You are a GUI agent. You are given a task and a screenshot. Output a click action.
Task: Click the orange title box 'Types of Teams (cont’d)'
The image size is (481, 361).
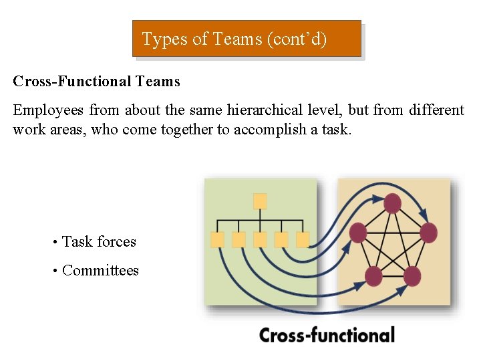click(246, 39)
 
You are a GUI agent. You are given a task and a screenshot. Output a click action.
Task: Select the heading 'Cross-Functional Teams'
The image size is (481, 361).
click(96, 82)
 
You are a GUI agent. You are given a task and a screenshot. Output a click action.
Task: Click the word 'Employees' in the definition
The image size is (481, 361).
click(48, 110)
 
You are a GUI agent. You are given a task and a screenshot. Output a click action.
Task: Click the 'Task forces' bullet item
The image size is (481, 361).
click(99, 241)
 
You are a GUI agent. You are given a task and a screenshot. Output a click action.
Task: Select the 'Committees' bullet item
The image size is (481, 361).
click(100, 270)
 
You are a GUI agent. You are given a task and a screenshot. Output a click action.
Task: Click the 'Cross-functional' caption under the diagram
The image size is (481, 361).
click(327, 335)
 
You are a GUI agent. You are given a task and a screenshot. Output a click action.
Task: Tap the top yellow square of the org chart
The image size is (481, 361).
click(260, 201)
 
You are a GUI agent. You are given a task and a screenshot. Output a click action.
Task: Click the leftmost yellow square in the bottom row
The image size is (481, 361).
click(217, 239)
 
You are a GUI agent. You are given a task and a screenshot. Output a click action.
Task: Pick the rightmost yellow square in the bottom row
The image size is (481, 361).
click(303, 239)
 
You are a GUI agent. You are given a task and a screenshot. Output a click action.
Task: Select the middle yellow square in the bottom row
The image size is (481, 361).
click(260, 239)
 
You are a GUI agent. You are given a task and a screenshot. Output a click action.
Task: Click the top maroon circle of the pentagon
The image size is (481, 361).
click(393, 204)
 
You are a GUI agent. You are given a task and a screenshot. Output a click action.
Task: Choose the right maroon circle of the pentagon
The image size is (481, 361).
click(428, 233)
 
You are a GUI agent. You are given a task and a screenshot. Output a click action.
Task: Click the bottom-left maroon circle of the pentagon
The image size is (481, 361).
click(373, 275)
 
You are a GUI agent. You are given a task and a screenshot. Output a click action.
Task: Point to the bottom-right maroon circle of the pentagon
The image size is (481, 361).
click(412, 275)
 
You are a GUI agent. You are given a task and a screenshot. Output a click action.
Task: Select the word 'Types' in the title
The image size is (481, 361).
click(165, 39)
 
